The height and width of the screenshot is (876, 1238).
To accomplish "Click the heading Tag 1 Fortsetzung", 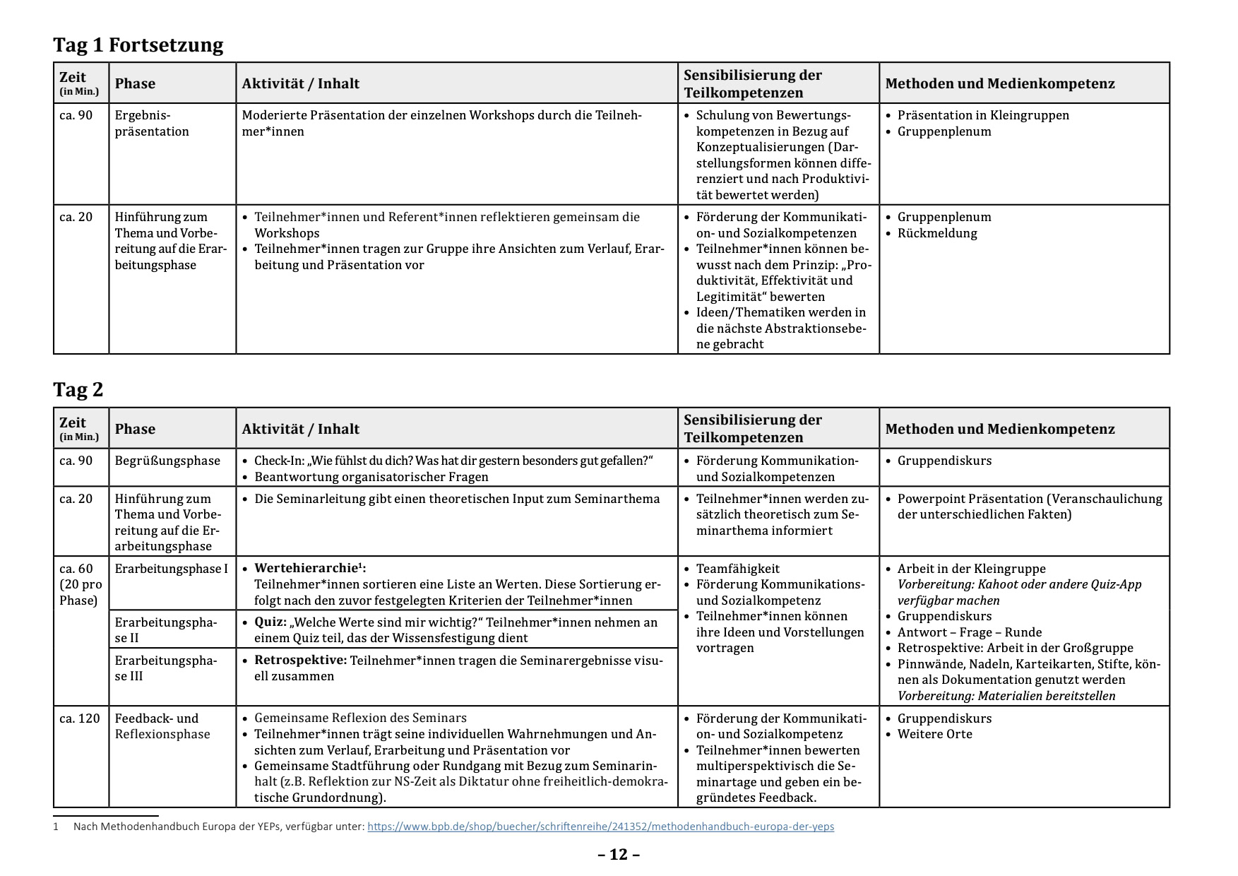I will (x=138, y=45).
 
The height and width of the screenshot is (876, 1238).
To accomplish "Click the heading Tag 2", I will (x=78, y=390).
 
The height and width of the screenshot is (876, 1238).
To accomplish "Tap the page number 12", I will (x=619, y=855).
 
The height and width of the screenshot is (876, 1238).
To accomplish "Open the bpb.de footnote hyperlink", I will (x=600, y=827).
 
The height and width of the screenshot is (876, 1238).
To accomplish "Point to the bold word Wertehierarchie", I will (x=306, y=569).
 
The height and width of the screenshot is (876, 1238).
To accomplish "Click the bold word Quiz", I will (x=270, y=622).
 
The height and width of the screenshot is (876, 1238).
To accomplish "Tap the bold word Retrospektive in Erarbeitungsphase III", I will (x=300, y=661).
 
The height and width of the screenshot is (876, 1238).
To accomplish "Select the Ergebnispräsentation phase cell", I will (x=152, y=124).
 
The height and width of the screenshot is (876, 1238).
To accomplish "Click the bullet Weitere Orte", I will (x=934, y=734).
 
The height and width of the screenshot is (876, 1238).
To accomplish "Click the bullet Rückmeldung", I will (x=937, y=233).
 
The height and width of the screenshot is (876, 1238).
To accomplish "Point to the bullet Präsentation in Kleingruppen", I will (x=983, y=115).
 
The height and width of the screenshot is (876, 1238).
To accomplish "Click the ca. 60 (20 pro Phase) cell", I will (x=81, y=584).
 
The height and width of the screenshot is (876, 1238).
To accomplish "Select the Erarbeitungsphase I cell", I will (x=172, y=569).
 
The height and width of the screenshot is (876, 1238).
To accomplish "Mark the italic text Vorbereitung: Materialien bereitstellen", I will (x=1006, y=696).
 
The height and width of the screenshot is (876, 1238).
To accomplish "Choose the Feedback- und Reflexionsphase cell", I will (x=162, y=726).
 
